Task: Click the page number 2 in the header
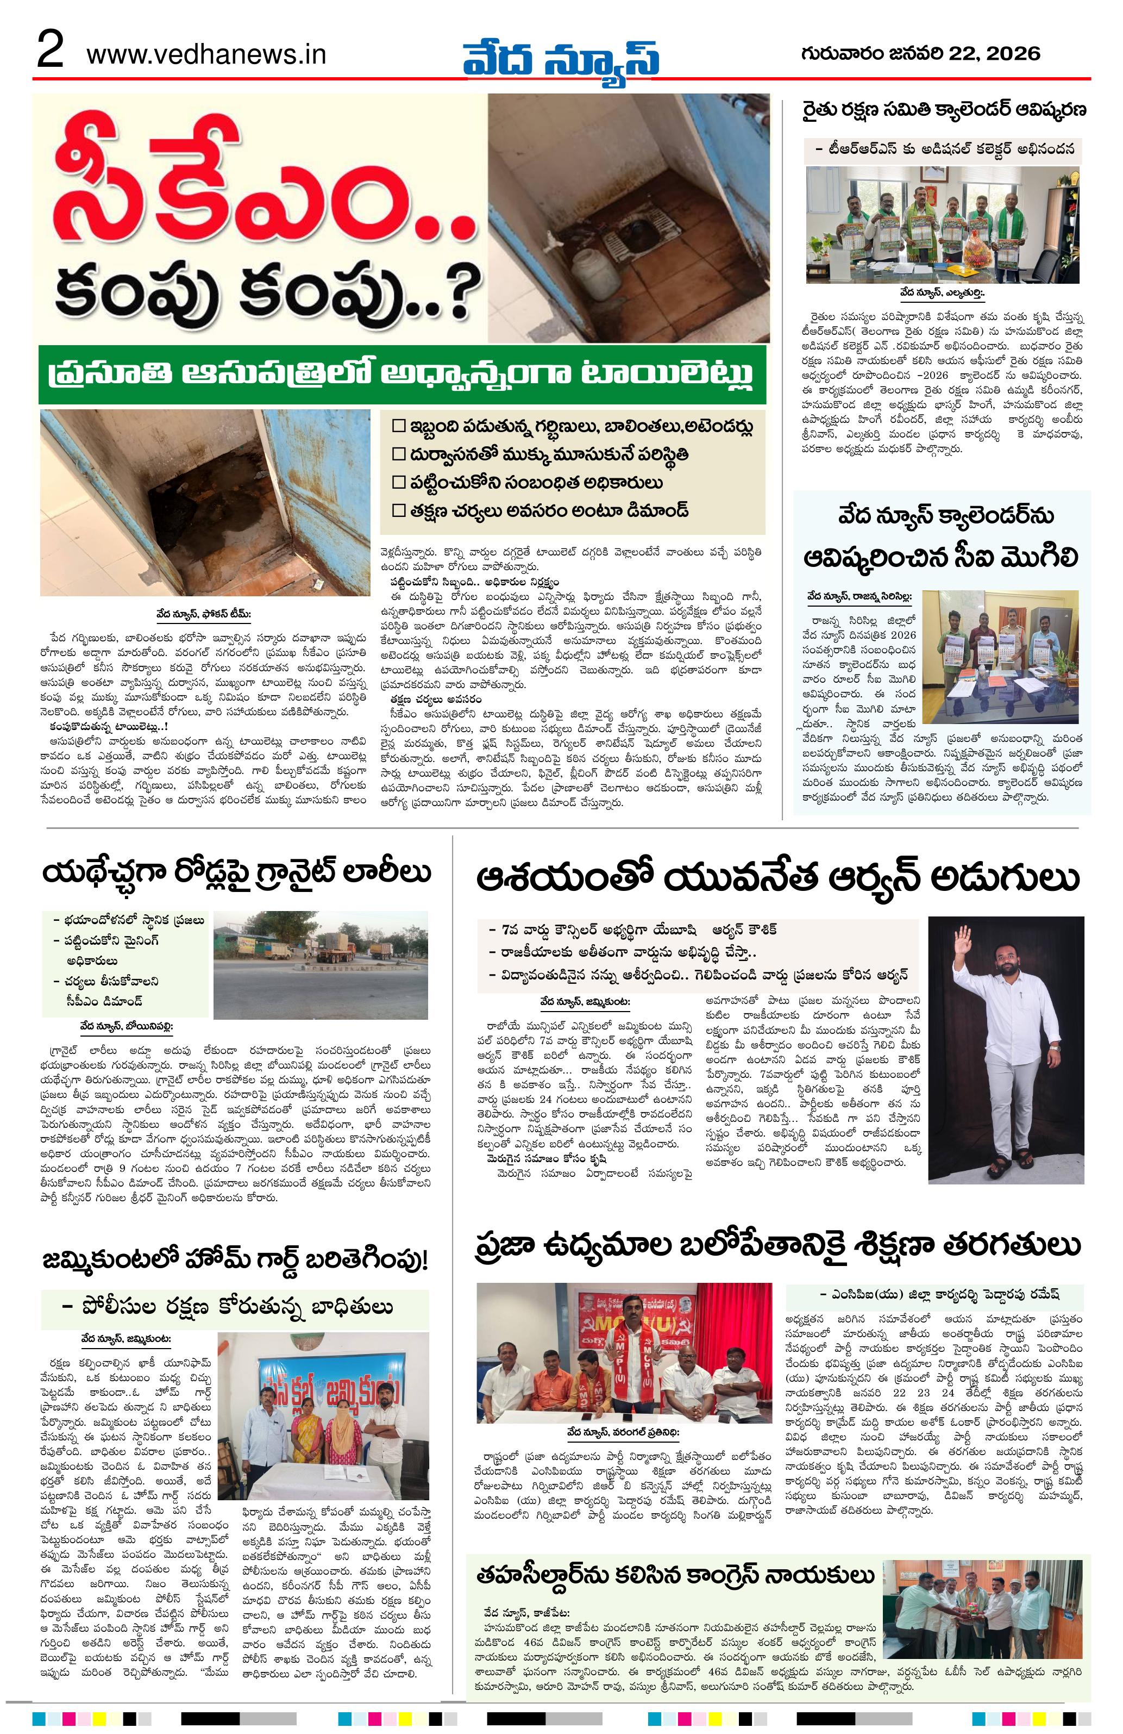[x=50, y=53]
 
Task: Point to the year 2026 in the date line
[x=1013, y=53]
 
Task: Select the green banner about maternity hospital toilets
[x=402, y=375]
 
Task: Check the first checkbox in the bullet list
[x=398, y=426]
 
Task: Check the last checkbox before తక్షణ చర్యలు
[x=398, y=510]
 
